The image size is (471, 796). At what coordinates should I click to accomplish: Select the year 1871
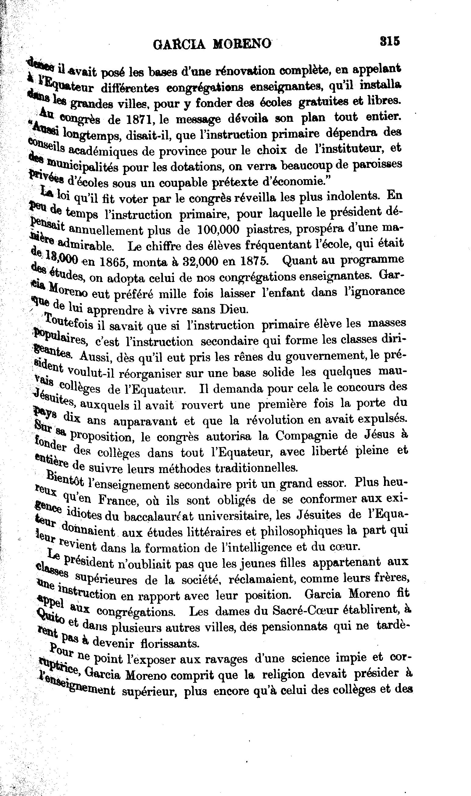tap(136, 119)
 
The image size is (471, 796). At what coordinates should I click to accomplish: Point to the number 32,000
tap(192, 262)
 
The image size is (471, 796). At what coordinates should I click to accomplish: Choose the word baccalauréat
tap(158, 517)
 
